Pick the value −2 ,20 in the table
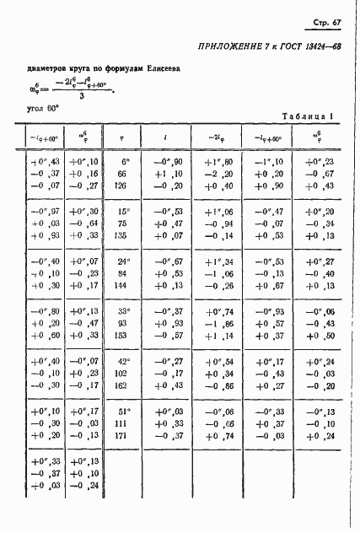pyautogui.click(x=217, y=174)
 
